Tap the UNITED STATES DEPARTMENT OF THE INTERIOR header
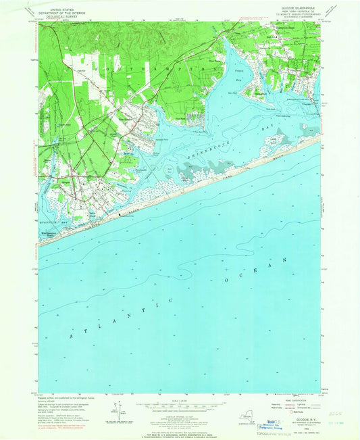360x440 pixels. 61,9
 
